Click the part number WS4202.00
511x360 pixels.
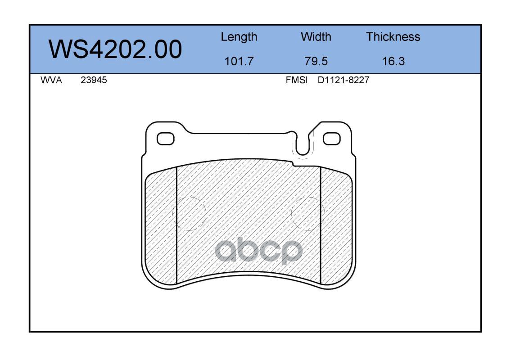[115, 49]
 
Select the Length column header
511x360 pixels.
[239, 37]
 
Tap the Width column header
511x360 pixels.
[316, 36]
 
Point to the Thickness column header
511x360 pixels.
[393, 36]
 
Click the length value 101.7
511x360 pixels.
[239, 61]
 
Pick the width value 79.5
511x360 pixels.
[316, 61]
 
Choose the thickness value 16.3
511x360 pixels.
[393, 61]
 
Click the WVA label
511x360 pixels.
[51, 80]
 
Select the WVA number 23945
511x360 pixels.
[94, 80]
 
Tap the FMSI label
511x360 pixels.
[297, 80]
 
